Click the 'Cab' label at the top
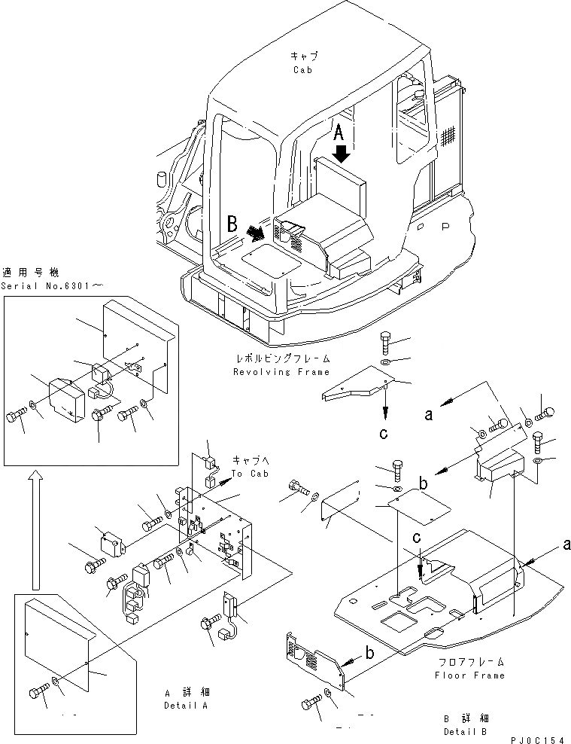coord(302,70)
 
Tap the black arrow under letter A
coord(341,154)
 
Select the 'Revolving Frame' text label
coord(281,372)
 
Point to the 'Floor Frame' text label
coord(469,675)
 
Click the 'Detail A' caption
coord(184,705)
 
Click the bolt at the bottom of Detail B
coord(309,703)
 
